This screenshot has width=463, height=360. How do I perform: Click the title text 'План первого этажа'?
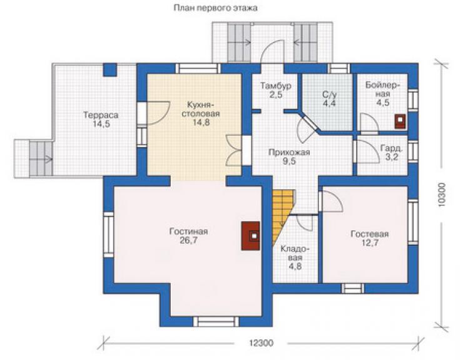tap(215, 8)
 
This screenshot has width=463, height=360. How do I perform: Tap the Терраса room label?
tap(101, 115)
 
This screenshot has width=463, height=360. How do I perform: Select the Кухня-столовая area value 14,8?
tap(201, 122)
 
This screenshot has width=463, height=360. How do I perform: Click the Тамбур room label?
tap(276, 86)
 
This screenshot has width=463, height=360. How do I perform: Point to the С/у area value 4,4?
tap(329, 103)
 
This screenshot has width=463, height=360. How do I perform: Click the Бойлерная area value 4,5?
tap(383, 103)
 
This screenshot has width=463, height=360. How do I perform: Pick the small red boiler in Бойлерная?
tap(400, 121)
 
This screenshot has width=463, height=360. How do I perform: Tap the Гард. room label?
tap(392, 148)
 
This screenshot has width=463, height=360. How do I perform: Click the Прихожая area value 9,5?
tap(289, 161)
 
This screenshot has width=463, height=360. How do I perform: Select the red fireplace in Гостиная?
tap(251, 236)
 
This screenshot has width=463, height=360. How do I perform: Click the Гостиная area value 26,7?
tap(189, 240)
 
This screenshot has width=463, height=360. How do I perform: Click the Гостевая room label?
tap(369, 234)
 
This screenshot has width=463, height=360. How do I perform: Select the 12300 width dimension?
tap(262, 343)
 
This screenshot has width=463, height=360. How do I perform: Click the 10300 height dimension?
tap(442, 195)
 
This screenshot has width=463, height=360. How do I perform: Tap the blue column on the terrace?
tap(110, 70)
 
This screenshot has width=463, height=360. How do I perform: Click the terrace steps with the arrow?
tap(41, 158)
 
